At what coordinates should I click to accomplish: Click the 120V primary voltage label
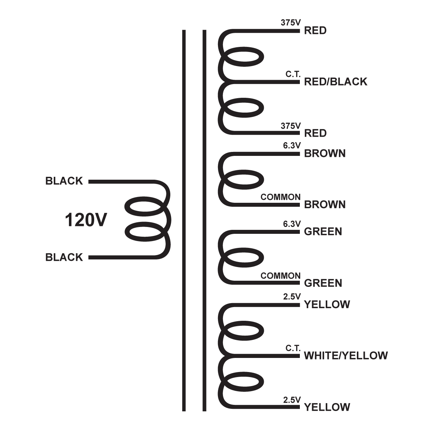point(86,220)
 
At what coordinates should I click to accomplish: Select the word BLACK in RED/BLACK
point(349,82)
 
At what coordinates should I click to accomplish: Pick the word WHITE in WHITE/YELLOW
point(321,356)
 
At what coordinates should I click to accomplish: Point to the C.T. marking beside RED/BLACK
point(293,74)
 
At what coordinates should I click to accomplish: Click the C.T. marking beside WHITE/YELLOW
point(293,348)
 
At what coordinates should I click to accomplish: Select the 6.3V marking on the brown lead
point(292,146)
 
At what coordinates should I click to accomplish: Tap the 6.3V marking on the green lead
point(292,224)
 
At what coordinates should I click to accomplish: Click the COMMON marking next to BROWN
point(280,197)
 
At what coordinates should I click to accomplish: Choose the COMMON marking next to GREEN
point(280,276)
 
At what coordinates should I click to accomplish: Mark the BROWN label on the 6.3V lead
point(325,154)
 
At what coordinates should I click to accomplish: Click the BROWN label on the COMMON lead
point(325,205)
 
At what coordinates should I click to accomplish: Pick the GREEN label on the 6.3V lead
point(323,232)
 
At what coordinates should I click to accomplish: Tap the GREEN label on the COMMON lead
point(323,283)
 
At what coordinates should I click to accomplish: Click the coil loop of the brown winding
point(244,179)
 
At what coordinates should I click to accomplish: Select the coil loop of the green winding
point(244,258)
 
